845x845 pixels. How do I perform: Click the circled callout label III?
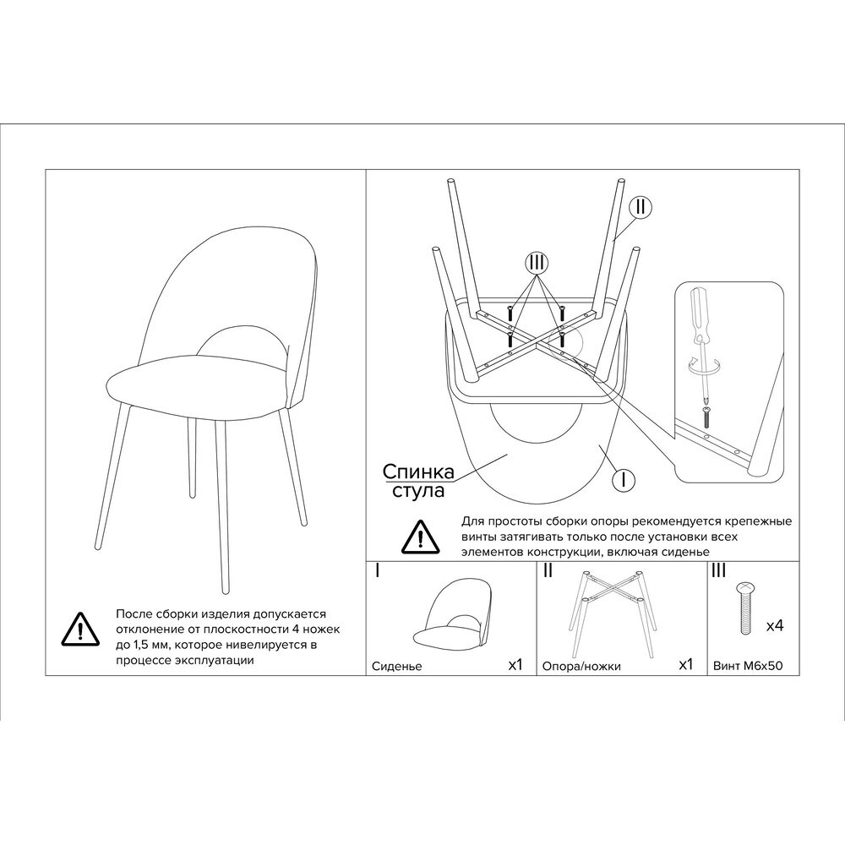tap(537, 263)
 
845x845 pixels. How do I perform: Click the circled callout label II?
tap(641, 208)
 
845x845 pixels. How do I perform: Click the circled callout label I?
tap(624, 479)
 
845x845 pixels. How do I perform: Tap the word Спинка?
tap(418, 472)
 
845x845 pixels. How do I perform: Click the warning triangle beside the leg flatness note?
tap(80, 629)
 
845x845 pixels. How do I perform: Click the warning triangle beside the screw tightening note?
tap(420, 537)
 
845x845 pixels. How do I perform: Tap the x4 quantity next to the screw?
tap(774, 625)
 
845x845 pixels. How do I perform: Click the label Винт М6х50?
tap(748, 666)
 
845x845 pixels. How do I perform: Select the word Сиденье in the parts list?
tap(396, 666)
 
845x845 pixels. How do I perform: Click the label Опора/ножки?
tap(581, 666)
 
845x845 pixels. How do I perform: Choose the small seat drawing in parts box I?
tap(457, 619)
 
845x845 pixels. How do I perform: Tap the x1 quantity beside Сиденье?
tap(515, 664)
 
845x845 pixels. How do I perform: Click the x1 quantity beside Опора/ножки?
tap(685, 664)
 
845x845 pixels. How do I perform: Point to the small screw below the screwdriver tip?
tap(707, 417)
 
